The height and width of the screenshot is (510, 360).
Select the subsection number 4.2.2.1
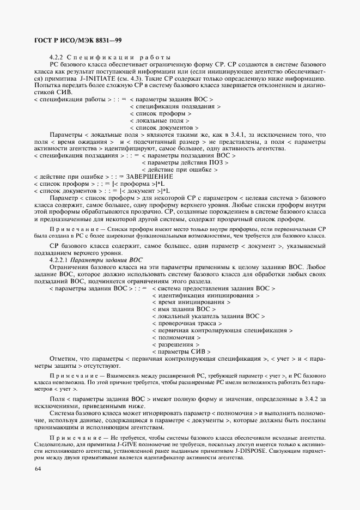pos(61,260)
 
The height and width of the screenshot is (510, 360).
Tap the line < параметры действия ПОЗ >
pos(185,162)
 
